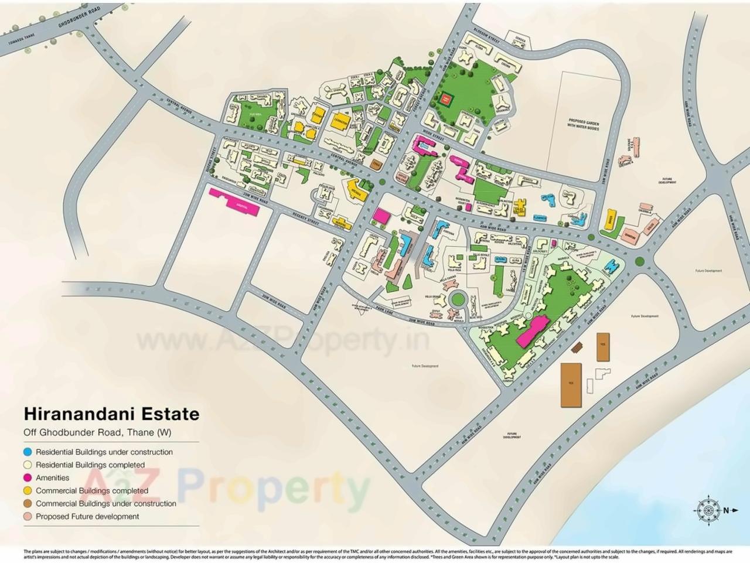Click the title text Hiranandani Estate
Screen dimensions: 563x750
point(111,414)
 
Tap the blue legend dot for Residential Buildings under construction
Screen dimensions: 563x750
point(28,452)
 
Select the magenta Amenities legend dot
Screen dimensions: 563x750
point(28,478)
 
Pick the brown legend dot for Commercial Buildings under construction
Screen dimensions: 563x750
point(28,504)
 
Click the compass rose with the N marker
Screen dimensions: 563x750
point(709,510)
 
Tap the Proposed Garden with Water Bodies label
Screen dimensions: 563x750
point(583,124)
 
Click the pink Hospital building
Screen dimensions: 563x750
point(233,199)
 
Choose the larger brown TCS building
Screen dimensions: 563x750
point(571,384)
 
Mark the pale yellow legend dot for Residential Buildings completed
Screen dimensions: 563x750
point(28,465)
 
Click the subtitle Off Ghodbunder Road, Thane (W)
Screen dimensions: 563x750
point(97,433)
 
